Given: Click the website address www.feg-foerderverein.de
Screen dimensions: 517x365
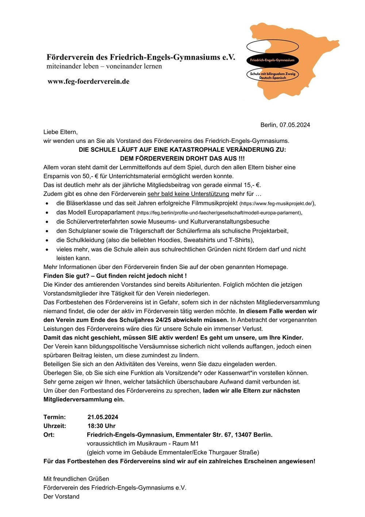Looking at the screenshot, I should click(88, 82).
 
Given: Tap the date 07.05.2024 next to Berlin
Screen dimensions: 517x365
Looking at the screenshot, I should click(295, 125).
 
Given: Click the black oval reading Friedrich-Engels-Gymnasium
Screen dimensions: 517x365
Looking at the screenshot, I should click(272, 60).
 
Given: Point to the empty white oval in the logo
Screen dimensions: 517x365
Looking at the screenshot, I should click(272, 46).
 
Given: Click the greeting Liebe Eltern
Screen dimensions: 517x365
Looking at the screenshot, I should click(61, 132).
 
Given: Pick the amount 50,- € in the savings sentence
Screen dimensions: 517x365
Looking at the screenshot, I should click(84, 176).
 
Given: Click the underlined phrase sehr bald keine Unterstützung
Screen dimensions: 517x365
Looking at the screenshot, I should click(188, 194).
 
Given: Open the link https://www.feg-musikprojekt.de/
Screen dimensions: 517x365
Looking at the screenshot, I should click(276, 204).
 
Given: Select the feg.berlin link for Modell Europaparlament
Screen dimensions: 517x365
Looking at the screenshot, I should click(219, 213).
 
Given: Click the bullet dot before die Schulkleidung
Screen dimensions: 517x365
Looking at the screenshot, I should click(47, 241).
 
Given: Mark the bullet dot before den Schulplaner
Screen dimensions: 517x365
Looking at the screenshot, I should click(47, 231).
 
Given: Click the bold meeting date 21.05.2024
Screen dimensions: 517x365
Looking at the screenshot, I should click(103, 417).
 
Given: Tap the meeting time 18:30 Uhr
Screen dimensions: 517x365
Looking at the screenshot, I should click(101, 426).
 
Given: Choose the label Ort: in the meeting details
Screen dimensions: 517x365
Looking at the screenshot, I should click(49, 435).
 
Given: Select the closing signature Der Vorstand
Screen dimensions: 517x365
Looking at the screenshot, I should click(61, 497).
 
